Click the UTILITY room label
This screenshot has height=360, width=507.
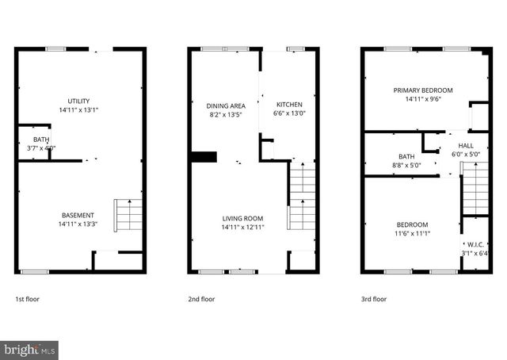[78, 101]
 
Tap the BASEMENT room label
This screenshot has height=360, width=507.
[78, 216]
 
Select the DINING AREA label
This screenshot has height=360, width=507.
[226, 105]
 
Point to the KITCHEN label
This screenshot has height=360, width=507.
[288, 105]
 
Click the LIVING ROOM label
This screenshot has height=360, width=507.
[242, 219]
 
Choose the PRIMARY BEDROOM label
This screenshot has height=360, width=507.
[423, 90]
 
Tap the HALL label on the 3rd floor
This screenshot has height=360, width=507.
[466, 146]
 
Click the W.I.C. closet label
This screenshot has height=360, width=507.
[475, 244]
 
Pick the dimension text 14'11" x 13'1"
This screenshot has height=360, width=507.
[78, 110]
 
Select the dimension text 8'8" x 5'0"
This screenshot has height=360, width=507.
[406, 166]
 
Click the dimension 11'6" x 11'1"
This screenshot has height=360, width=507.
[412, 233]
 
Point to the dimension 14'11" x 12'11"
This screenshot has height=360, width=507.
[242, 228]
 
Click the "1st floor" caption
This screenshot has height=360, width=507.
[27, 300]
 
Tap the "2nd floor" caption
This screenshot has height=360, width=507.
[201, 300]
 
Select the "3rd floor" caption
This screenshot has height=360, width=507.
[373, 300]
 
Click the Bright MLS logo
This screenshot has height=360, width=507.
[30, 349]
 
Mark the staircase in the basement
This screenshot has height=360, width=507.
[130, 215]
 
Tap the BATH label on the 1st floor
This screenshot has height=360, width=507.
[41, 140]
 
